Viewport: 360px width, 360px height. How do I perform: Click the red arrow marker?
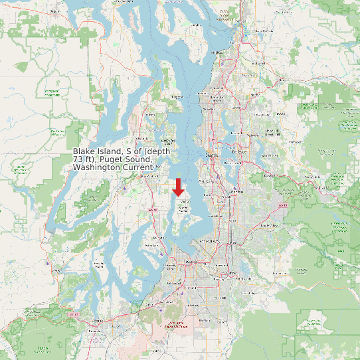click(x=178, y=187)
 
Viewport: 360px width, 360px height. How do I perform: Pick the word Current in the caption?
click(x=137, y=168)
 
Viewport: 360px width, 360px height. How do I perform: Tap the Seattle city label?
click(x=213, y=155)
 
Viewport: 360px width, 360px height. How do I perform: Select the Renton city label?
click(x=236, y=191)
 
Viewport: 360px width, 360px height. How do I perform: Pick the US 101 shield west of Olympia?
click(x=74, y=313)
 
